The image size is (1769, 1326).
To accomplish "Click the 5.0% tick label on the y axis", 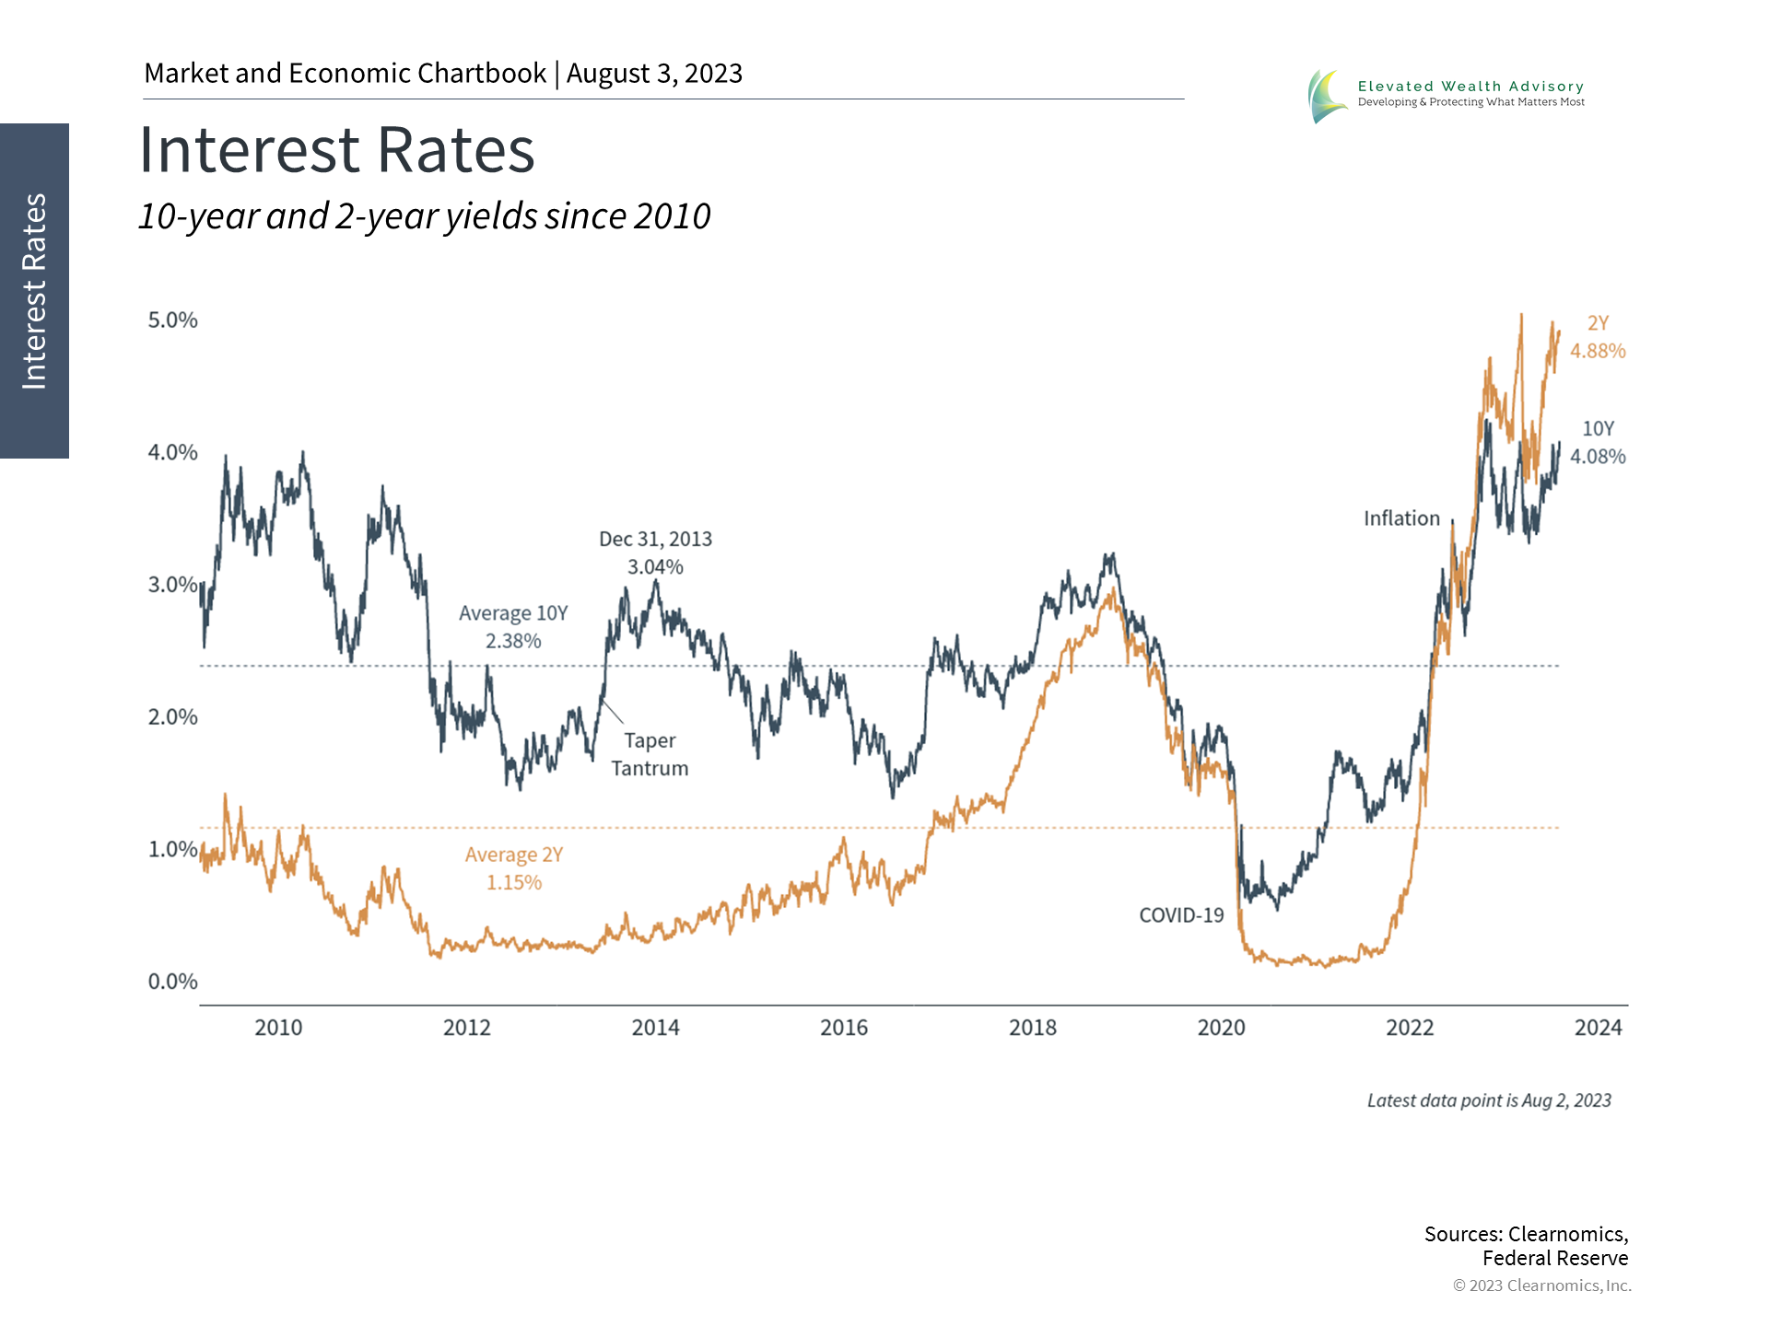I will (173, 320).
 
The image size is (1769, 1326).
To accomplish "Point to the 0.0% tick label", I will (173, 982).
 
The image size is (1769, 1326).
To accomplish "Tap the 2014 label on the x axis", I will (655, 1028).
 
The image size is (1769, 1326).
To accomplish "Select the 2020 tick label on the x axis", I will (1221, 1028).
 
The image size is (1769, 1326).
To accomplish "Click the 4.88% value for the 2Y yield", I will (1598, 351).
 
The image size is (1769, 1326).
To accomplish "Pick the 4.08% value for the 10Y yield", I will (1598, 457).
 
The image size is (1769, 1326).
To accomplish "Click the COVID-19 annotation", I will (1181, 915).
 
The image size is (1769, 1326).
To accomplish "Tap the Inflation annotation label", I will (1401, 518).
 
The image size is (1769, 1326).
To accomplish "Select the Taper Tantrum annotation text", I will (650, 754).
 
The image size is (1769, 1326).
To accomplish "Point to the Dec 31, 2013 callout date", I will (655, 539).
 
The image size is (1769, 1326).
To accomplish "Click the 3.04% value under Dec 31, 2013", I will (655, 567).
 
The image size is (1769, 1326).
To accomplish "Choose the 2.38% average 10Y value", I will (513, 641).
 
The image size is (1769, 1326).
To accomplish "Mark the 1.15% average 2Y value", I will (514, 882).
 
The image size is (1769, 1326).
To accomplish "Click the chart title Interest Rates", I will (336, 150).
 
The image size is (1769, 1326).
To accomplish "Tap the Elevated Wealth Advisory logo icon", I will (1326, 96).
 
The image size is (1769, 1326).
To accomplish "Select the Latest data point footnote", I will (1489, 1100).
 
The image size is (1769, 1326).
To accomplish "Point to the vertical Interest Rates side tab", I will (34, 291).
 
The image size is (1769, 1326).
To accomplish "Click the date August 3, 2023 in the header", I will (654, 74).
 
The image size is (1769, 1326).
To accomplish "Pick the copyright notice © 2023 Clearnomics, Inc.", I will (1541, 1285).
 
